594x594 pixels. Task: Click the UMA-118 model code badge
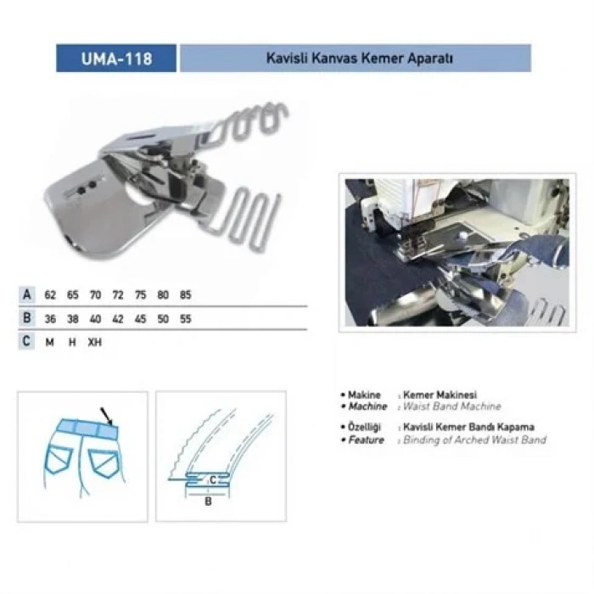click(x=116, y=59)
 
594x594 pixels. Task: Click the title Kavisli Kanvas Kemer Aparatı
click(x=355, y=59)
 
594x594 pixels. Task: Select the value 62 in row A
click(x=51, y=295)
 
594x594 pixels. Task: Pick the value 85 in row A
click(x=185, y=295)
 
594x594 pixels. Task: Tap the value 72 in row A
click(x=118, y=295)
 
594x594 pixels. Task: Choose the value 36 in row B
click(x=51, y=319)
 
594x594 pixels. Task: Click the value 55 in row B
click(x=185, y=319)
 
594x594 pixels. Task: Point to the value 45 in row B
click(x=140, y=319)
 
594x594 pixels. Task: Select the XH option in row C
click(x=94, y=342)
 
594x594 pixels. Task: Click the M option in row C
click(x=51, y=342)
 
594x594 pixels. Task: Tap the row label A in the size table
click(x=28, y=295)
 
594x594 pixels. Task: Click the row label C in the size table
click(x=28, y=342)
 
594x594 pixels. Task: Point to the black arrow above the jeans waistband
click(x=106, y=415)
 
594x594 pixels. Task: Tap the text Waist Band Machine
click(x=451, y=407)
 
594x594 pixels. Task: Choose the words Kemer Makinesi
click(x=440, y=395)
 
